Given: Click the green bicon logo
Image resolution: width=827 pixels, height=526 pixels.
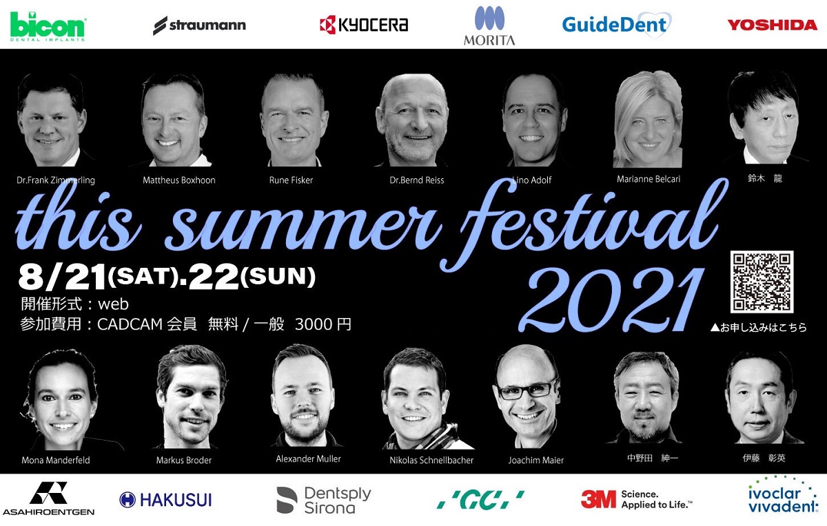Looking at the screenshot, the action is (x=48, y=26).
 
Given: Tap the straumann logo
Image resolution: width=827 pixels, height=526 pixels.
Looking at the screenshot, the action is (x=199, y=25).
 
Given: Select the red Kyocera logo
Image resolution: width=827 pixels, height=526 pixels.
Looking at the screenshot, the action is (x=364, y=25).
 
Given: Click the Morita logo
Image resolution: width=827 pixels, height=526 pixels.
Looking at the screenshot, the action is (x=489, y=25).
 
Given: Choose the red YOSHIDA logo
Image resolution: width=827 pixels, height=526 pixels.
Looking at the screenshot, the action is (x=773, y=25).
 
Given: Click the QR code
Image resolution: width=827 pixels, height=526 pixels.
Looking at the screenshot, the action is (x=762, y=282).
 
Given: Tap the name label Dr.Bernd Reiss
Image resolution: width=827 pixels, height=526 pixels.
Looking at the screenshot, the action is (x=417, y=180).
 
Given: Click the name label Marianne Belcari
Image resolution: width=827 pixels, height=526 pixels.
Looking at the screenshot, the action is (x=649, y=179).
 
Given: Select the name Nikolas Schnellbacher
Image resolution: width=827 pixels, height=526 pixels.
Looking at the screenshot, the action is (x=431, y=460).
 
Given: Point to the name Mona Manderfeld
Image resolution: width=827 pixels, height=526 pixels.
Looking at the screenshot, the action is (x=56, y=460).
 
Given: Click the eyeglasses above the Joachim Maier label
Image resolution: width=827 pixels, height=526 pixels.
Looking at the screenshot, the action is (x=527, y=389).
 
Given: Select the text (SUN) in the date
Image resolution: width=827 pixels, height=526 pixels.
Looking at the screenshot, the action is (x=278, y=277).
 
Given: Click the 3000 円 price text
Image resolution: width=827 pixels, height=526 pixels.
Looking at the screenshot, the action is (x=323, y=324).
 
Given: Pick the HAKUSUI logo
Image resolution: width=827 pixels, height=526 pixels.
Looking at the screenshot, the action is (x=166, y=500).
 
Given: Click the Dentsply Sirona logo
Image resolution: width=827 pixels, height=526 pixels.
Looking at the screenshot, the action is (x=324, y=500).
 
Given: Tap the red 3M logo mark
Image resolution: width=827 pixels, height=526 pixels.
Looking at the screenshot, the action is (x=598, y=499).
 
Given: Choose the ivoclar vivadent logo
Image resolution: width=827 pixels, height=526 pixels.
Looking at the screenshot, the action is (x=783, y=497).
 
